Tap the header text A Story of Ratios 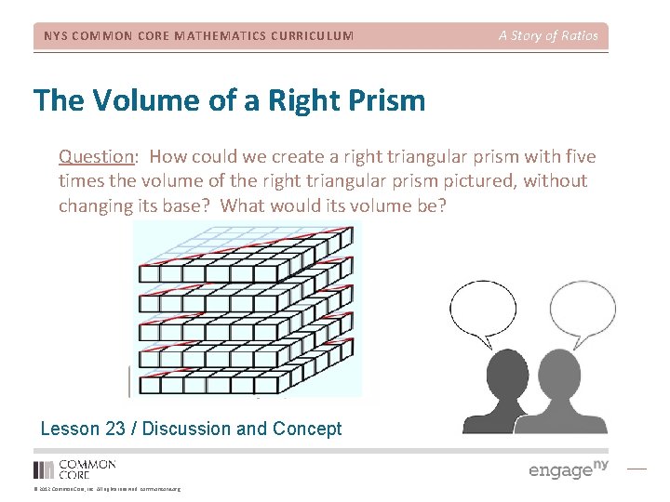[x=548, y=36]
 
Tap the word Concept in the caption [x=307, y=429]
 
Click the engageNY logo [x=568, y=469]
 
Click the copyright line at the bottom [x=107, y=488]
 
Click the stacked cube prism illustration [x=248, y=310]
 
